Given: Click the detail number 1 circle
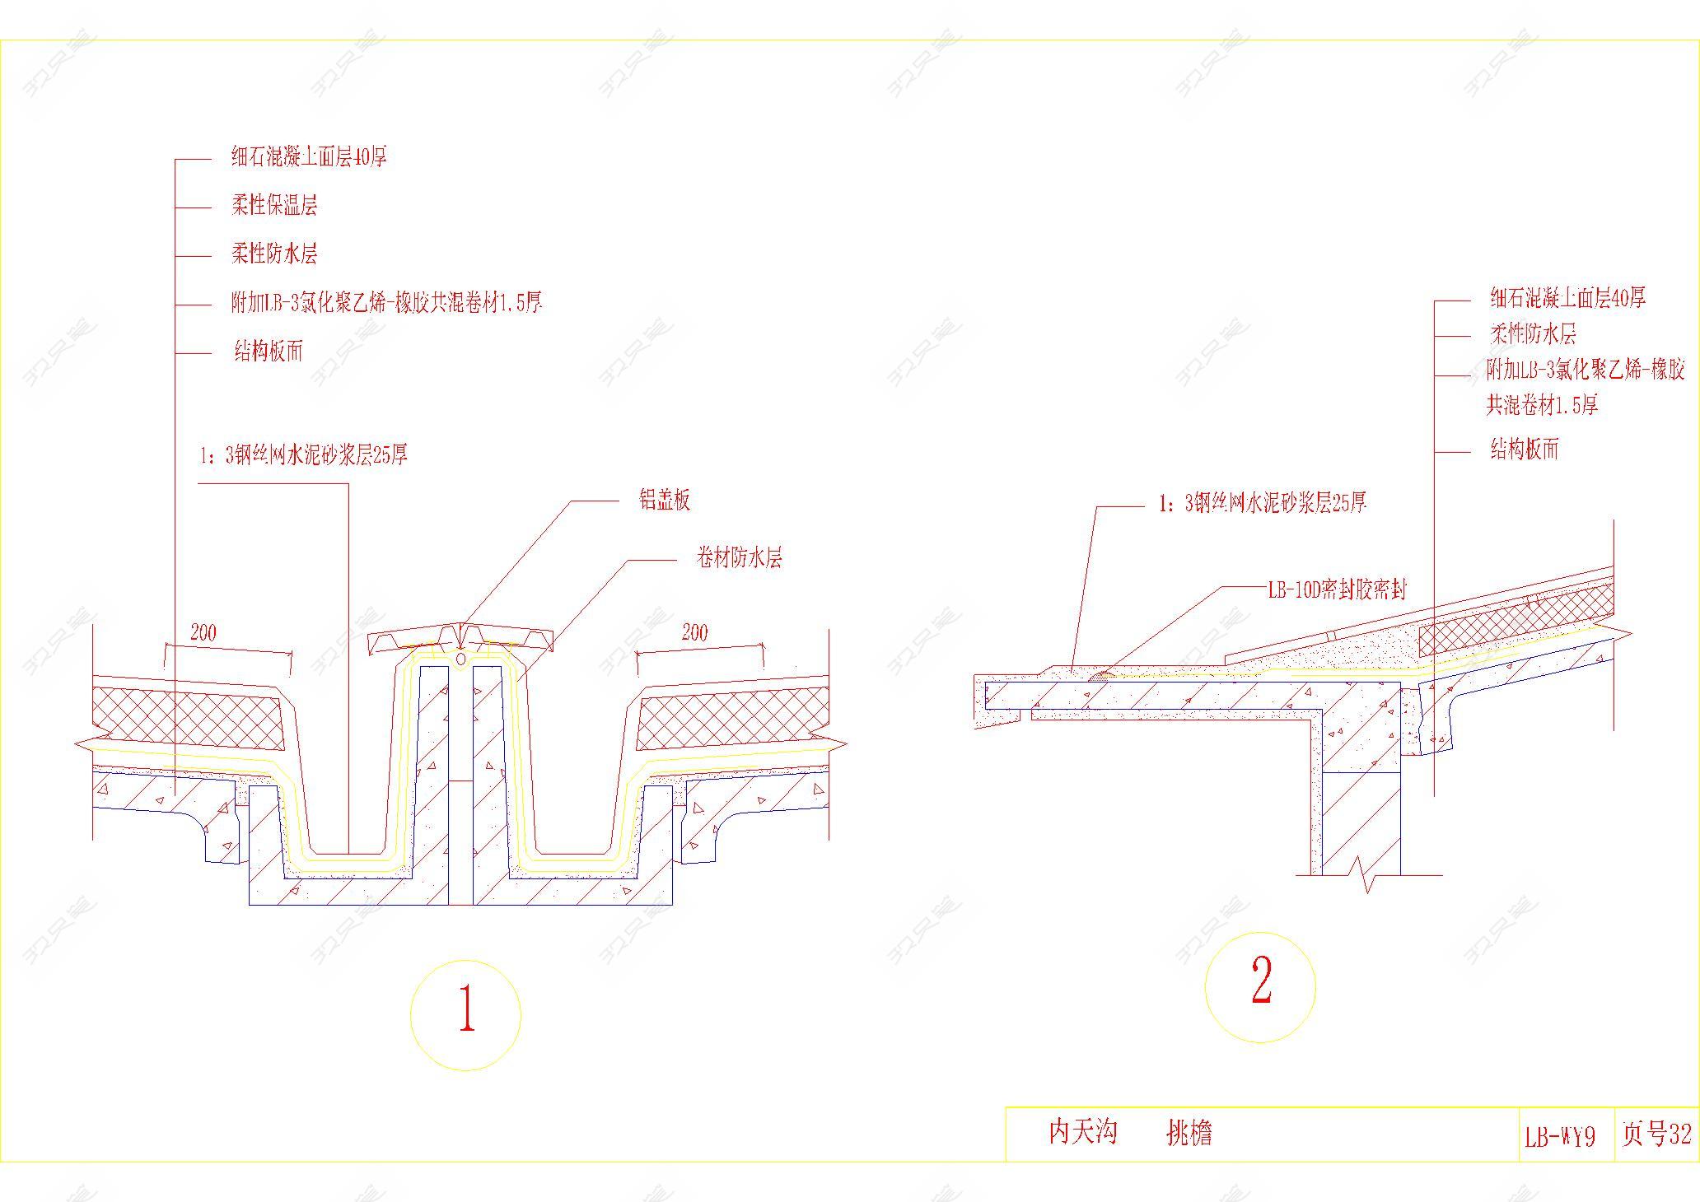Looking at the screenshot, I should click(x=465, y=1014).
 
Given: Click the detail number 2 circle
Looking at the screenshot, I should click(x=1260, y=987).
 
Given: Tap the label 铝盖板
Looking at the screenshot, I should click(x=665, y=501).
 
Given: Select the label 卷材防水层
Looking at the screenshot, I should click(x=739, y=559).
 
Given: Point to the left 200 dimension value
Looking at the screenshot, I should click(x=203, y=632).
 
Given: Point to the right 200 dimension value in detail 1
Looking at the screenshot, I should click(x=694, y=632).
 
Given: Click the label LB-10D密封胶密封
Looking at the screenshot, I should click(x=1337, y=589).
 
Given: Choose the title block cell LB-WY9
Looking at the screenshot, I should click(x=1560, y=1137).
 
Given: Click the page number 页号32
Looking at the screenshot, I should click(x=1656, y=1134).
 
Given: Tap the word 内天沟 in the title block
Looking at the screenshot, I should click(x=1082, y=1132).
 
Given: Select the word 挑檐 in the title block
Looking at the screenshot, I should click(x=1189, y=1134).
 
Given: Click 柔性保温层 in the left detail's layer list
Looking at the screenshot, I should click(x=274, y=205).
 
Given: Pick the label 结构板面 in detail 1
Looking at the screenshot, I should click(x=269, y=352).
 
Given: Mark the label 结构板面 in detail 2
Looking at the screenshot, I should click(x=1525, y=450).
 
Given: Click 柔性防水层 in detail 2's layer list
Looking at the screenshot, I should click(x=1533, y=334).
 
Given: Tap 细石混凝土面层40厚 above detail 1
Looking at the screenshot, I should click(x=309, y=156).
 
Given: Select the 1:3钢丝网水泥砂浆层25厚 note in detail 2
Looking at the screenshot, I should click(x=1263, y=503).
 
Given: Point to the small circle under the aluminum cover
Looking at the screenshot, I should click(x=460, y=659).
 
